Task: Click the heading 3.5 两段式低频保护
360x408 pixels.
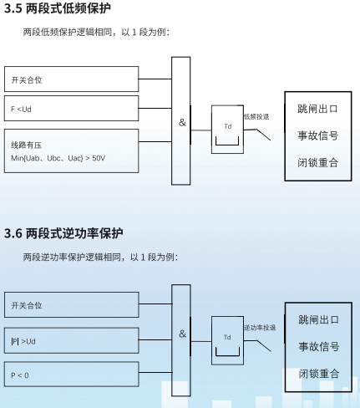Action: [58, 8]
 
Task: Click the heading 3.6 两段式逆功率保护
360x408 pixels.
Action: [63, 233]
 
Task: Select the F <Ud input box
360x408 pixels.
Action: [71, 109]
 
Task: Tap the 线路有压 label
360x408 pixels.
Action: [26, 145]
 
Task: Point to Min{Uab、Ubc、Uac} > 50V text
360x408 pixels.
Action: [58, 158]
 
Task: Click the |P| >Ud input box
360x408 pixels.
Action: [72, 340]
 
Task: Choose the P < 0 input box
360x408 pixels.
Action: [72, 375]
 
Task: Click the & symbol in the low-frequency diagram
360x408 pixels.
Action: [182, 122]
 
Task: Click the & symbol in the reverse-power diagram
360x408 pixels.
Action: [183, 334]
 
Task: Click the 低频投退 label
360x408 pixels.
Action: [256, 116]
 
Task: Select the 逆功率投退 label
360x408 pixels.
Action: [260, 328]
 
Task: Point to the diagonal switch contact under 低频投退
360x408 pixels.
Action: [263, 135]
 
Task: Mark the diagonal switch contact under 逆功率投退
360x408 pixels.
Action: [264, 346]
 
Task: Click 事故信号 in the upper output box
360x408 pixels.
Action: [318, 135]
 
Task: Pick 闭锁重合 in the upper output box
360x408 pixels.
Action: [318, 162]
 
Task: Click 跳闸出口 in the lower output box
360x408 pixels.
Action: [319, 319]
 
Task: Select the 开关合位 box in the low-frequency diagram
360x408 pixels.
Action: [71, 79]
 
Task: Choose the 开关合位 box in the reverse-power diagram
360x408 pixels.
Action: [72, 304]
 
